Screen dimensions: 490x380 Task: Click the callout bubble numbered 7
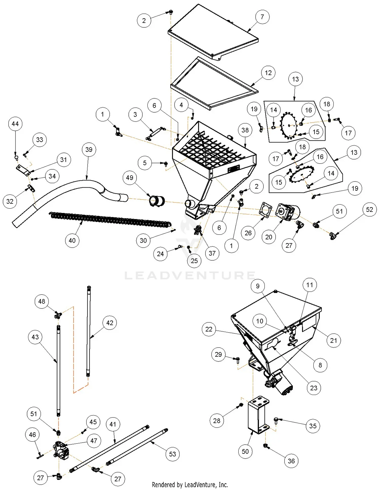(x=262, y=17)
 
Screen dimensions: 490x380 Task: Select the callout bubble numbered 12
(x=268, y=73)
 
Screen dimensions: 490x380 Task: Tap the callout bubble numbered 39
(x=89, y=150)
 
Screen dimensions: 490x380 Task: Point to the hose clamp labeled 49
(x=157, y=201)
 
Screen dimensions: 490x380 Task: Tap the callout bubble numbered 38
(x=245, y=130)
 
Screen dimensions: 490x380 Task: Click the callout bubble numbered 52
(x=369, y=210)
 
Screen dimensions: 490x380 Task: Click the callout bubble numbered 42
(x=110, y=323)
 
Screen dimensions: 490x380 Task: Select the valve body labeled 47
(x=61, y=450)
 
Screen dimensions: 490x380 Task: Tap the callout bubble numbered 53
(x=173, y=454)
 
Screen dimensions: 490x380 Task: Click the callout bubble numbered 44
(x=15, y=124)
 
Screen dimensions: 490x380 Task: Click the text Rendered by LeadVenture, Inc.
(x=190, y=485)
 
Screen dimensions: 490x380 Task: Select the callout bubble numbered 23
(x=314, y=388)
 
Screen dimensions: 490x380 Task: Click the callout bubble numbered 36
(x=291, y=461)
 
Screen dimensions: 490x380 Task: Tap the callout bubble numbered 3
(x=135, y=115)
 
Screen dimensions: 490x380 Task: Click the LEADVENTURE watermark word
(x=190, y=276)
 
